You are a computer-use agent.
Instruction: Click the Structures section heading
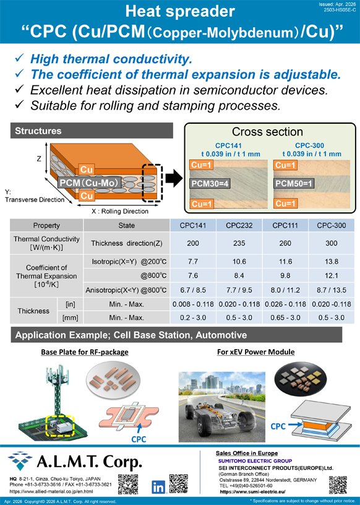[38, 131]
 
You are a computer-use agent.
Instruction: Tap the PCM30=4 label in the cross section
[210, 184]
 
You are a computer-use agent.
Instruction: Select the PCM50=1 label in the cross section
[294, 184]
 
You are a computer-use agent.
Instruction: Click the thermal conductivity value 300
[332, 243]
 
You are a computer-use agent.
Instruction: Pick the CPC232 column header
[239, 225]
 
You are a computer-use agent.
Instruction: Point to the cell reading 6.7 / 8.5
[193, 290]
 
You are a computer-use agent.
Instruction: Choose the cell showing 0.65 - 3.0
[285, 317]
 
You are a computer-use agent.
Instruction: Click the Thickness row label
[33, 311]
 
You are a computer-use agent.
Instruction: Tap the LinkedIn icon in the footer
[158, 486]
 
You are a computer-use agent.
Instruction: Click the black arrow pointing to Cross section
[174, 179]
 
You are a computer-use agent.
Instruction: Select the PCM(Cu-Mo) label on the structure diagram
[90, 183]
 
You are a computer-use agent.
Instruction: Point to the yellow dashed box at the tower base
[60, 426]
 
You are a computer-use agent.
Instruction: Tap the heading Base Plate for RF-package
[85, 352]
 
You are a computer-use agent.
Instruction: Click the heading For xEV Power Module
[256, 352]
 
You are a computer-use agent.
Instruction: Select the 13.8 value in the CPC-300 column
[332, 262]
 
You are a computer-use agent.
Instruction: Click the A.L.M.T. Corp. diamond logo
[20, 460]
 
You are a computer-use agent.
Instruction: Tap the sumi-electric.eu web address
[252, 492]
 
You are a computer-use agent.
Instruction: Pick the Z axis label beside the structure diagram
[39, 159]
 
